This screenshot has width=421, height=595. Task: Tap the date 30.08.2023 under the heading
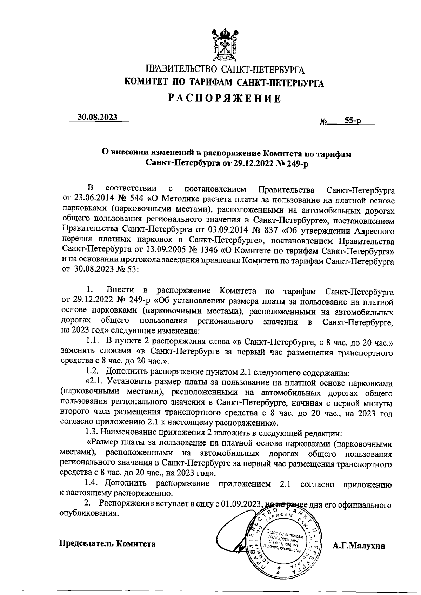point(98,118)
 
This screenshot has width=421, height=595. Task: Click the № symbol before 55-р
point(323,122)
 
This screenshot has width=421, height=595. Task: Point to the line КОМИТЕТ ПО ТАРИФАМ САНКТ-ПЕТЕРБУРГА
point(225,83)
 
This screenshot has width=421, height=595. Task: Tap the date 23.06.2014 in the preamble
point(91,200)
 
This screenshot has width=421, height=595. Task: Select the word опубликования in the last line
point(88,514)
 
